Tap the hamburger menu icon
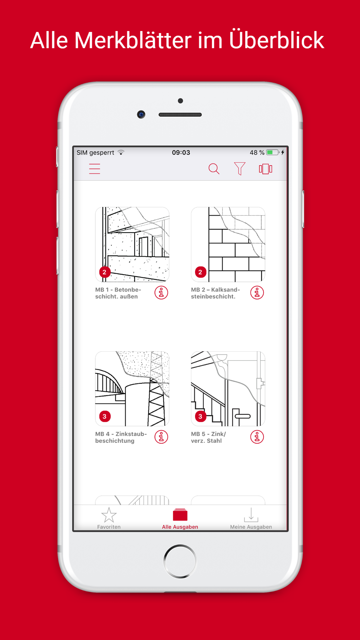coord(95,169)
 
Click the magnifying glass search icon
coord(214,169)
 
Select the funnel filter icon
coord(239,168)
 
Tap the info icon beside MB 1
coord(161,293)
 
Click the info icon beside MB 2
coord(257,293)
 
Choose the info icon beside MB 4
coord(161,437)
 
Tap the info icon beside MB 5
coord(257,437)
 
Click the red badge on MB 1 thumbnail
coord(104,272)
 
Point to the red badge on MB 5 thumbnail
coord(200,416)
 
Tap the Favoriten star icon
coord(109,515)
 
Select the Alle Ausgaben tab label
coord(180,527)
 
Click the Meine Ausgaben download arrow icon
coord(251,515)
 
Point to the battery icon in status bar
coord(273,153)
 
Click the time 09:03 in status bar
coord(181,153)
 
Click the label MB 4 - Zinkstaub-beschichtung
coord(121,437)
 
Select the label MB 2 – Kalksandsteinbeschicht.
coord(215,293)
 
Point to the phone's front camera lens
coord(141,114)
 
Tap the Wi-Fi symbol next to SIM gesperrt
coord(121,152)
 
